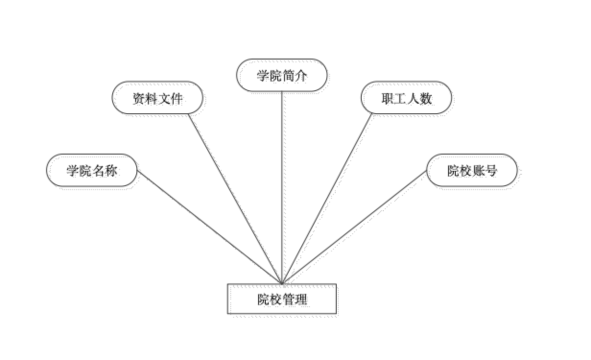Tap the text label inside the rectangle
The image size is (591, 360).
pos(285,301)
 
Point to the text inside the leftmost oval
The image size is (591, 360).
pos(95,172)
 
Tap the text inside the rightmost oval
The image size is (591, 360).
pos(474,172)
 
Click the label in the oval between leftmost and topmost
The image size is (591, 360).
pos(160,100)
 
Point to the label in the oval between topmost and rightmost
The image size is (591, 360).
pos(408,100)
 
